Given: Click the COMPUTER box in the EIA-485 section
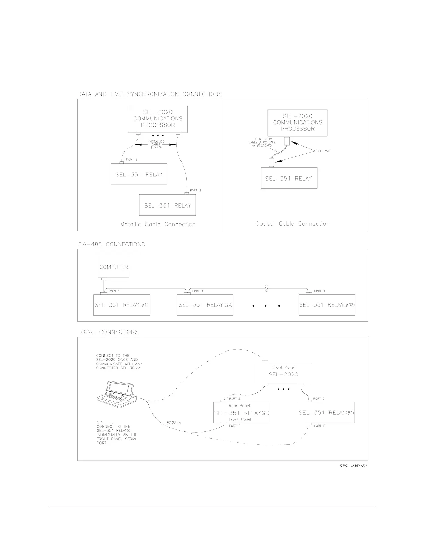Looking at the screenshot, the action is pyautogui.click(x=114, y=267).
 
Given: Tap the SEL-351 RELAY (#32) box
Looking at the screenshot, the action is pyautogui.click(x=327, y=305).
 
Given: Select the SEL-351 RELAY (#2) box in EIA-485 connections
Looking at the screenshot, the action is pyautogui.click(x=205, y=305).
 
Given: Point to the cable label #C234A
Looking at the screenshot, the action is pyautogui.click(x=174, y=423).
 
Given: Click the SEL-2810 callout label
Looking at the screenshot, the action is pyautogui.click(x=324, y=151).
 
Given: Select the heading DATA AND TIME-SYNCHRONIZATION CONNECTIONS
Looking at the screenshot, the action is pyautogui.click(x=150, y=94).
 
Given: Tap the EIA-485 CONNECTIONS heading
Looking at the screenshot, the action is pyautogui.click(x=112, y=244).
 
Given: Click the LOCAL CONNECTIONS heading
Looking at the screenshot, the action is pyautogui.click(x=108, y=332).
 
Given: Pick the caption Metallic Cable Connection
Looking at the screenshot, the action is pyautogui.click(x=158, y=225).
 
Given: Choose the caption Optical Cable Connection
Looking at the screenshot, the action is pyautogui.click(x=292, y=224).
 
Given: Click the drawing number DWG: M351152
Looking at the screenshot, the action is pyautogui.click(x=353, y=466).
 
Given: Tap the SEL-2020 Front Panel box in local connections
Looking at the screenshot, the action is pyautogui.click(x=283, y=373).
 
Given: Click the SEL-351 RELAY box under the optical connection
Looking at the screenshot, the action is pyautogui.click(x=289, y=179).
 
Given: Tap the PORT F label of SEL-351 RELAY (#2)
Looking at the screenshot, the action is pyautogui.click(x=319, y=426).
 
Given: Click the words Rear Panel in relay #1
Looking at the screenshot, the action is pyautogui.click(x=239, y=405).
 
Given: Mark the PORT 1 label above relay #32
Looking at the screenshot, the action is pyautogui.click(x=319, y=291).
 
